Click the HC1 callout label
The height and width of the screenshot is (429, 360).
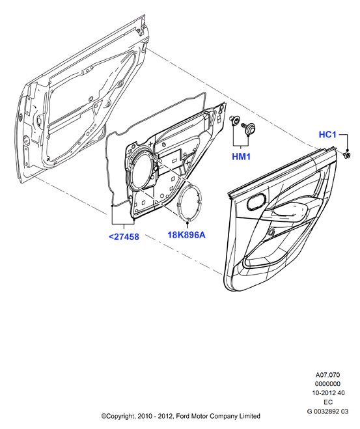pyautogui.click(x=327, y=135)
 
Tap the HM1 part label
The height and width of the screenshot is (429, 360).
pyautogui.click(x=241, y=156)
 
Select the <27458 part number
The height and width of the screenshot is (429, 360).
pyautogui.click(x=124, y=237)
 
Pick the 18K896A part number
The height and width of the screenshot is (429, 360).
pyautogui.click(x=186, y=235)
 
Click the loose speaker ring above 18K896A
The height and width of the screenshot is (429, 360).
pyautogui.click(x=178, y=202)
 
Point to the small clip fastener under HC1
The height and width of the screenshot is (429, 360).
pyautogui.click(x=347, y=155)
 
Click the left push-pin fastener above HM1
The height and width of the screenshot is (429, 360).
pyautogui.click(x=234, y=120)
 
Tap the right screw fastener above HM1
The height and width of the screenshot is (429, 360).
pyautogui.click(x=248, y=128)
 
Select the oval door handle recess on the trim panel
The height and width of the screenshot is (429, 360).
pyautogui.click(x=257, y=201)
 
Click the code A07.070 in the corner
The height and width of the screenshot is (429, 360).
pyautogui.click(x=327, y=375)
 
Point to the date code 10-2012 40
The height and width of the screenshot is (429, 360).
pyautogui.click(x=328, y=393)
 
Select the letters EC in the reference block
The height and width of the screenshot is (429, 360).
pyautogui.click(x=328, y=402)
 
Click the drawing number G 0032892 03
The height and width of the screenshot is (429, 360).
pyautogui.click(x=327, y=411)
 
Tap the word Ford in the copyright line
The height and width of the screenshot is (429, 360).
pyautogui.click(x=182, y=416)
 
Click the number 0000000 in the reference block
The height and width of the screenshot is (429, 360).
pyautogui.click(x=327, y=384)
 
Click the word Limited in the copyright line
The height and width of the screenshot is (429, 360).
pyautogui.click(x=250, y=416)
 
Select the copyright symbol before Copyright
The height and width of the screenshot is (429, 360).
pyautogui.click(x=104, y=416)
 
